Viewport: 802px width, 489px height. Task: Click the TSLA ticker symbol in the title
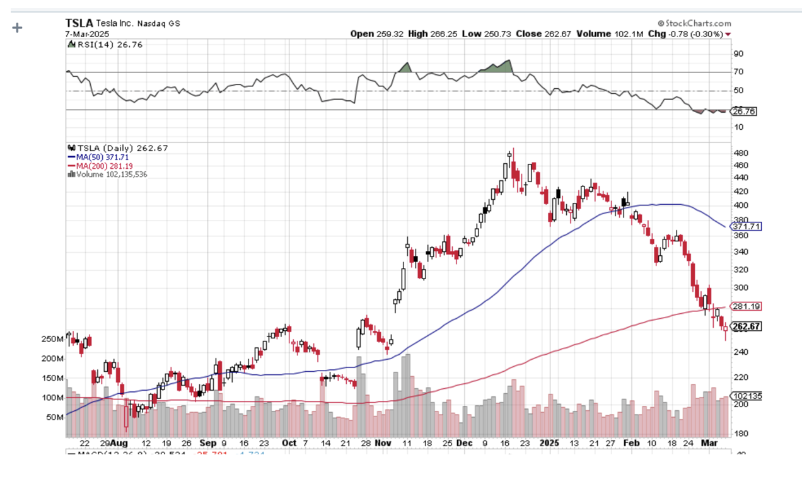coord(79,23)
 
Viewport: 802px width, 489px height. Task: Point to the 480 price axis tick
coord(741,153)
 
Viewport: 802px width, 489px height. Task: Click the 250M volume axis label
coord(52,339)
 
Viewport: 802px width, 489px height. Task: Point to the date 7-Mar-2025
coord(87,33)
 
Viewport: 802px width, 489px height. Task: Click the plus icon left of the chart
coord(18,28)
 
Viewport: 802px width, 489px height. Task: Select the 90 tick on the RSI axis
coord(738,54)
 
